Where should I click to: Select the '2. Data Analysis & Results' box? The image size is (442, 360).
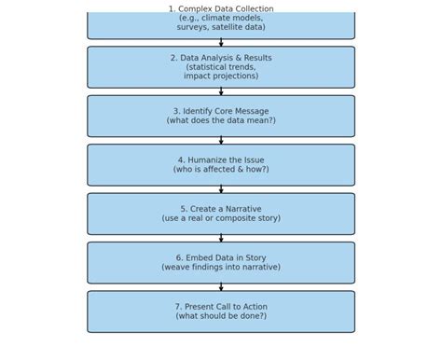tap(221, 67)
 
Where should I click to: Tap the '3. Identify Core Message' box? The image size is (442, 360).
tap(221, 116)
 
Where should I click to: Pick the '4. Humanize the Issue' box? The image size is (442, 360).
tap(221, 165)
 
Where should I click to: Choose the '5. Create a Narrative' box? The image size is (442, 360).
tap(221, 214)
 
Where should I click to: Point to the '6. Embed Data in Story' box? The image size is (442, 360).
tap(221, 263)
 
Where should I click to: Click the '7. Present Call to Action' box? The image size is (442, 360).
tap(221, 312)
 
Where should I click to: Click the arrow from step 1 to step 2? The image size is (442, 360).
tap(221, 43)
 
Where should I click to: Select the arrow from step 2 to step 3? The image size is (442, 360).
tap(221, 91)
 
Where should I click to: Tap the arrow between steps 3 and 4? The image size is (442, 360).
tap(221, 141)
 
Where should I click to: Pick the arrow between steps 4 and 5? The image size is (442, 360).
tap(221, 189)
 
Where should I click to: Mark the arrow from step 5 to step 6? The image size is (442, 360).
tap(221, 239)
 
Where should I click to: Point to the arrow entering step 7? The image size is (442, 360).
tap(221, 287)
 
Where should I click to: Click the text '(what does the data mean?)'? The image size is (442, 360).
tap(221, 120)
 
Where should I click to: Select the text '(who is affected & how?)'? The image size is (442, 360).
tap(221, 170)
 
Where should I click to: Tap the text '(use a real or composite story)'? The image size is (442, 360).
tap(221, 218)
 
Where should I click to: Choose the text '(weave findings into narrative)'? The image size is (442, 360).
tap(221, 268)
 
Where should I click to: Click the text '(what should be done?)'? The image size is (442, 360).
tap(221, 316)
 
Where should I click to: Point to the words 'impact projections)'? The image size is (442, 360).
tap(221, 76)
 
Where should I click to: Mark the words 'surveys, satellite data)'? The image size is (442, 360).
tap(221, 27)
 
